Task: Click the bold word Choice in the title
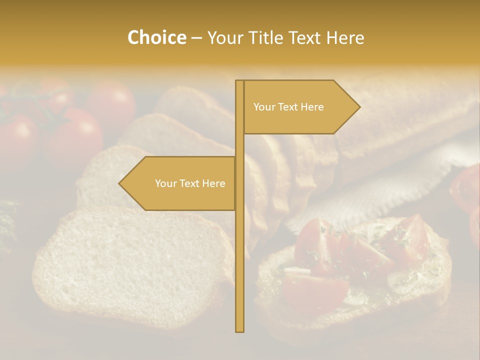[x=156, y=37]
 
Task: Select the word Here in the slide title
[x=345, y=37]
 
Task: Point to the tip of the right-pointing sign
[x=359, y=107]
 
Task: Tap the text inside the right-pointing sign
[x=288, y=107]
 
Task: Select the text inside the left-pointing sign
[x=190, y=183]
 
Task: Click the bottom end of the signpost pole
[x=239, y=330]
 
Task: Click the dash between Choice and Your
[x=196, y=38]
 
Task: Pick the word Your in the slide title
[x=224, y=37]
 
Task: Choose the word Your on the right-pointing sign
[x=263, y=107]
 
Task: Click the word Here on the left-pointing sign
[x=213, y=183]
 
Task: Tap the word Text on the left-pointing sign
[x=189, y=183]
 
